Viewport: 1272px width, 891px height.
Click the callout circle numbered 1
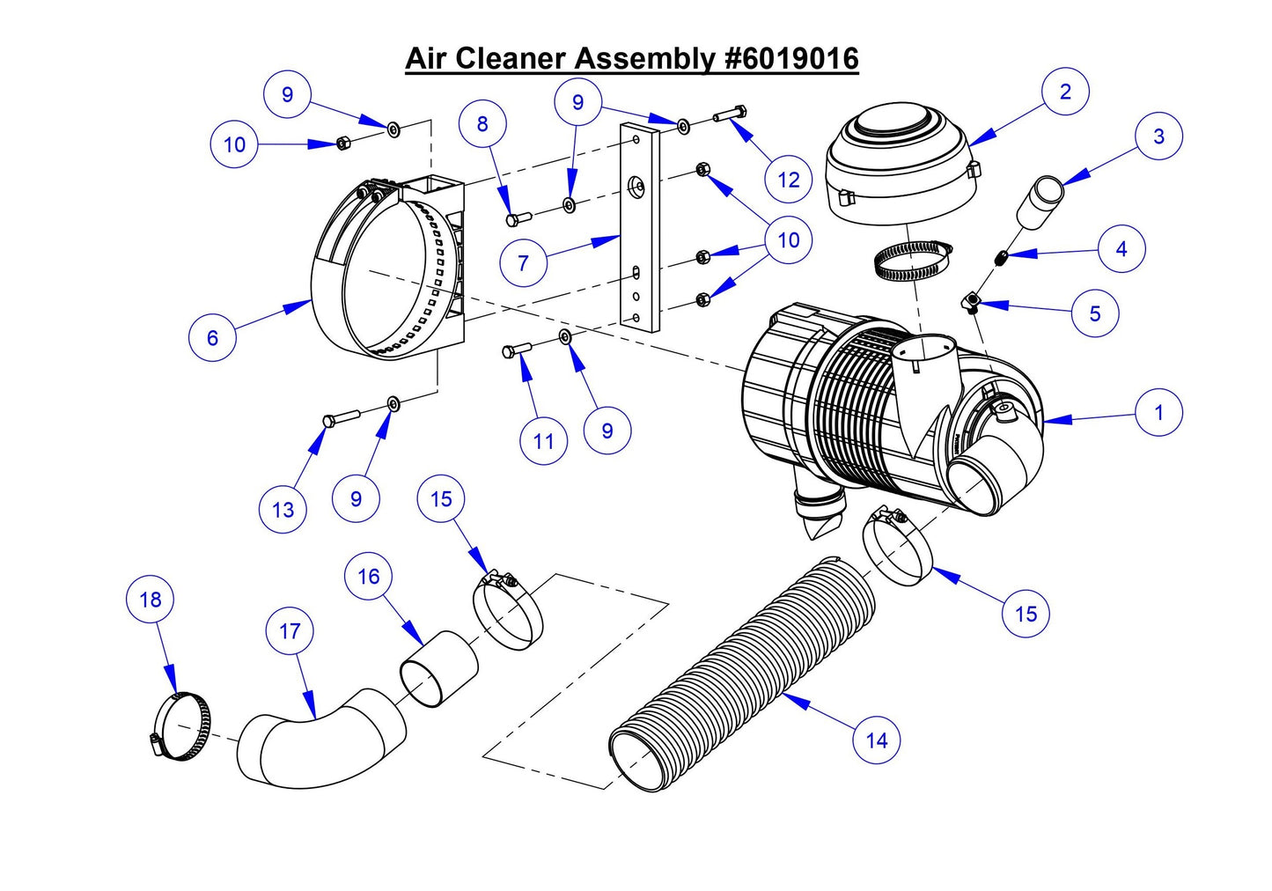pos(1158,412)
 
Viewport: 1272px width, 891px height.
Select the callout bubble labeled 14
pos(877,740)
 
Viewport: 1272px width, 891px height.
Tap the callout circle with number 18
pos(151,600)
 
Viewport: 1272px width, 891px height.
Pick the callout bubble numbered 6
pos(212,338)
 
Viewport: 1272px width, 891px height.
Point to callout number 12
pos(788,180)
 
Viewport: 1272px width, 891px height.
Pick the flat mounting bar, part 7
pos(639,229)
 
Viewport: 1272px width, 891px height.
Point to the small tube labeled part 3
pos(1040,201)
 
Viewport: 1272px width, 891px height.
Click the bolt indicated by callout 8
pos(518,216)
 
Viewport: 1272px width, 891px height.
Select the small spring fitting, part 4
pos(1000,257)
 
